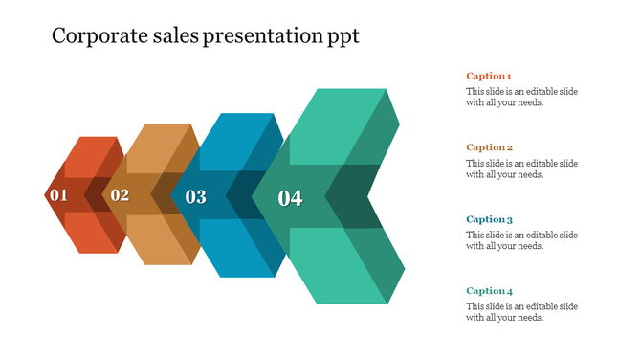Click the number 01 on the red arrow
pos(59,196)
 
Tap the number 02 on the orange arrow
pos(120,195)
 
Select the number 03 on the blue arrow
pos(195,197)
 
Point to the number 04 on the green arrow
pos(290,198)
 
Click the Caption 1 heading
pos(489,76)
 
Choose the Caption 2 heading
pos(490,147)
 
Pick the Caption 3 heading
pos(490,219)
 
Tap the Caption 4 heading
pos(490,291)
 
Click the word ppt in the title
pos(342,38)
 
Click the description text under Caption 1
pos(521,98)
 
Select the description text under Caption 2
pos(521,169)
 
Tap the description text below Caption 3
pos(521,240)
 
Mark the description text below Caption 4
pos(521,312)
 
